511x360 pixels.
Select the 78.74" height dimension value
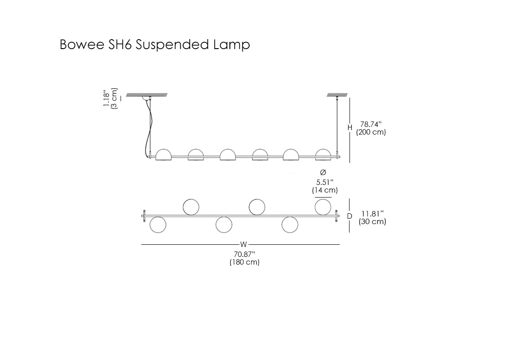tap(371, 124)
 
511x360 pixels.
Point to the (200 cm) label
tap(371, 132)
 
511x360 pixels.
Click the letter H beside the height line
tap(350, 128)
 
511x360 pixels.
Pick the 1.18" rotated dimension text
tap(107, 98)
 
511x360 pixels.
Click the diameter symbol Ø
tap(323, 173)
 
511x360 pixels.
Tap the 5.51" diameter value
tap(324, 182)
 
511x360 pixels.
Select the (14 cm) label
tap(325, 190)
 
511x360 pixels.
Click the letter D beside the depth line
tap(350, 216)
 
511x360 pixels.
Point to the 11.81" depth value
tap(372, 214)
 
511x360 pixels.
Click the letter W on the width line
tap(243, 245)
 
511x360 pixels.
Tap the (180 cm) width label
tap(244, 262)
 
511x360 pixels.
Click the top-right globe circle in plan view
tap(323, 207)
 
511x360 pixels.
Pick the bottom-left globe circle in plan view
tap(157, 225)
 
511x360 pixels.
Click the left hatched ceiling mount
tap(147, 94)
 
